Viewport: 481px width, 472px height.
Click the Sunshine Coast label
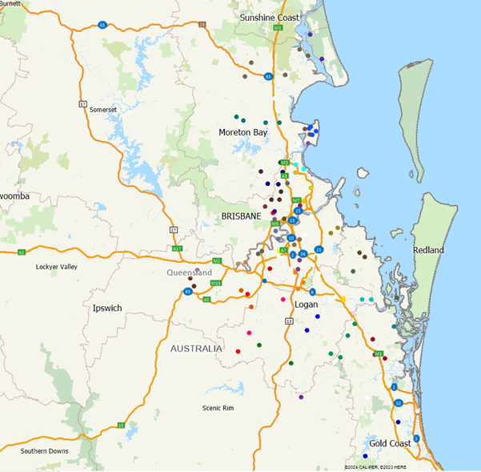[270, 17]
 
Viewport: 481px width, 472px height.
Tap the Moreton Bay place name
[243, 132]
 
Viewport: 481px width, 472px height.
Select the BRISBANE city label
[243, 216]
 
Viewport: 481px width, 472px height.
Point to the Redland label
[428, 250]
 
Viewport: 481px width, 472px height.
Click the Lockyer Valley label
[57, 267]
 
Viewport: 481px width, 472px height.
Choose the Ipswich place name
[106, 308]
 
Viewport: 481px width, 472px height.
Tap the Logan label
[307, 305]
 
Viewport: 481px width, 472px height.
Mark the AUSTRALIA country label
[196, 349]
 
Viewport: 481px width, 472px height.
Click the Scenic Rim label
[218, 408]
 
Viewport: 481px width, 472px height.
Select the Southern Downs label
[45, 450]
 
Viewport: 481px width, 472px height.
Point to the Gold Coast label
[390, 443]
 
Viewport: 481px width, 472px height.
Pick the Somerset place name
[103, 110]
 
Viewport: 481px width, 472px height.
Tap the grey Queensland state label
[190, 272]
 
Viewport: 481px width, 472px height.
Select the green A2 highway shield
[22, 252]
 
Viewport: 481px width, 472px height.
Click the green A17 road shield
[178, 249]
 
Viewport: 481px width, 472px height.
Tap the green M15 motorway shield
[215, 283]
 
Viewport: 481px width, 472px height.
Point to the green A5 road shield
[206, 300]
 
